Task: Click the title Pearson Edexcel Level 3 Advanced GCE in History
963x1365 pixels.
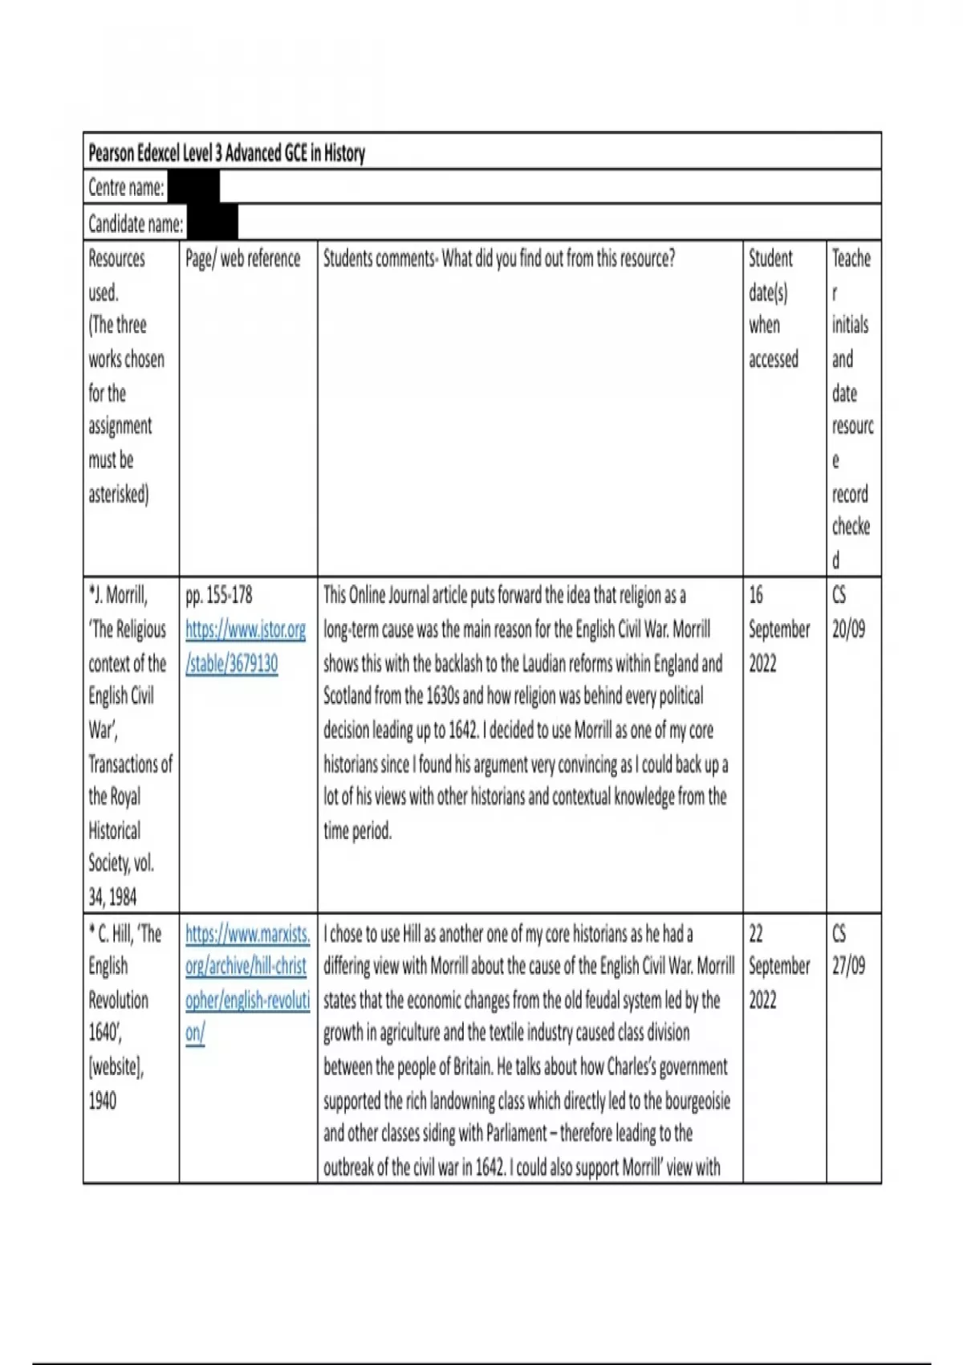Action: (x=226, y=153)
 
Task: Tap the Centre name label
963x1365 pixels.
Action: (x=126, y=188)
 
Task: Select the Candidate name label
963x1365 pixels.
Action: (x=136, y=223)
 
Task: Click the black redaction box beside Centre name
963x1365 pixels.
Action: (x=193, y=188)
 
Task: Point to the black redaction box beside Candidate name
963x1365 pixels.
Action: (x=212, y=223)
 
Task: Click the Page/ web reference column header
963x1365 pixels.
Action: (x=242, y=259)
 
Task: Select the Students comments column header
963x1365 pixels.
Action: (x=498, y=259)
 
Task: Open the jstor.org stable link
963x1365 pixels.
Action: (x=245, y=646)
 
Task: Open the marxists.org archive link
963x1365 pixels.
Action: (x=247, y=983)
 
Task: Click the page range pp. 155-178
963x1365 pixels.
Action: (x=218, y=595)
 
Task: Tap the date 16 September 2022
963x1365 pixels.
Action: (x=778, y=629)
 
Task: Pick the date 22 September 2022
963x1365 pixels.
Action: (x=778, y=966)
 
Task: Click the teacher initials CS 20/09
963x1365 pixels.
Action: (x=848, y=613)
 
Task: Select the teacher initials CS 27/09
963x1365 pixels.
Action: (x=848, y=950)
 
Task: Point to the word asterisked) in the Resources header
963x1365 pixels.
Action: (x=119, y=494)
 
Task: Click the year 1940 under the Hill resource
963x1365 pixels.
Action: (x=102, y=1100)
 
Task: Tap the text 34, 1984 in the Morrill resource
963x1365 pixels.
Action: (x=112, y=897)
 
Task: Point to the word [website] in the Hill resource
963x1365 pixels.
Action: (x=116, y=1067)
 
